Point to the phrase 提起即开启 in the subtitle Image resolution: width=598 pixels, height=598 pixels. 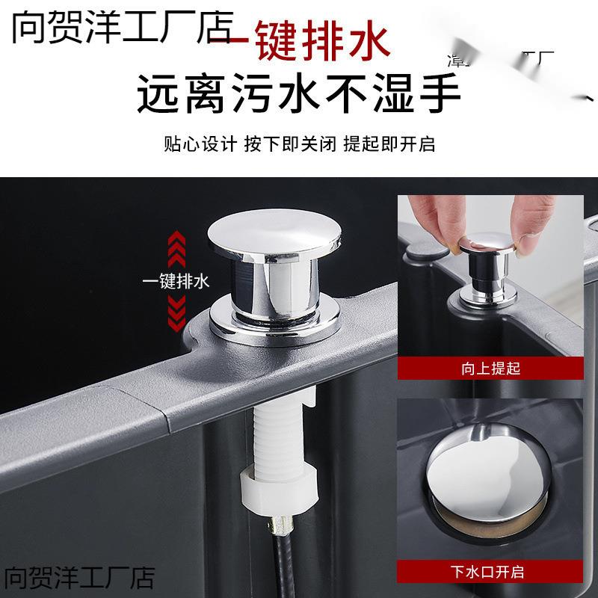point(389,144)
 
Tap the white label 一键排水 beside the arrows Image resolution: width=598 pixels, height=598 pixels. point(176,282)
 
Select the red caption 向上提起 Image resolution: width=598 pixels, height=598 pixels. point(490,369)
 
